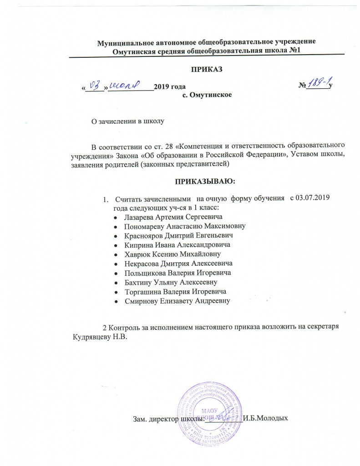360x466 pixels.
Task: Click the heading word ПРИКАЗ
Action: (207, 69)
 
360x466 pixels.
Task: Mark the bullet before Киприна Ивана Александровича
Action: (117, 245)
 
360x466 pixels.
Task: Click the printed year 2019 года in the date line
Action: (170, 86)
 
